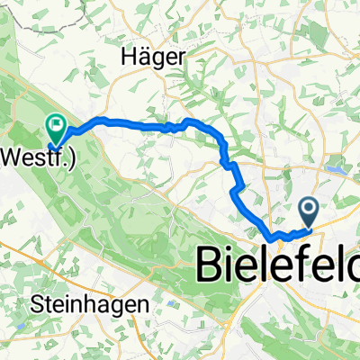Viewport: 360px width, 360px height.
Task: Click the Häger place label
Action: click(x=154, y=57)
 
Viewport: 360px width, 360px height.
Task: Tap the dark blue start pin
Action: click(x=309, y=212)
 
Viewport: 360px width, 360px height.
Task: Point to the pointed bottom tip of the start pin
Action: click(x=309, y=228)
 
